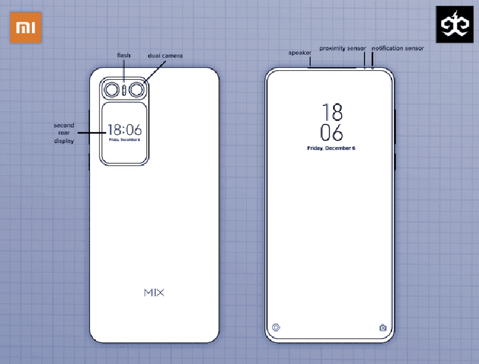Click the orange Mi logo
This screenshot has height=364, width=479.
[26, 27]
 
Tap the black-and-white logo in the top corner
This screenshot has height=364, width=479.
[455, 24]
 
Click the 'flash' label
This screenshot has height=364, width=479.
[124, 56]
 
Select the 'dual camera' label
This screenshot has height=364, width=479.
[165, 56]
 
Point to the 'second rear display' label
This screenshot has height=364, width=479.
[64, 133]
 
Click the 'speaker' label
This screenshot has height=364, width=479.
[300, 53]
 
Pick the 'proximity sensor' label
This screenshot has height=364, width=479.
[343, 49]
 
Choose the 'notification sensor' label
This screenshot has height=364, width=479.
[398, 49]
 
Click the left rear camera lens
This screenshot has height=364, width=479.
[112, 90]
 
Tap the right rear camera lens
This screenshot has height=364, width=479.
[137, 90]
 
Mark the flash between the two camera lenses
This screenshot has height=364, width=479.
[124, 90]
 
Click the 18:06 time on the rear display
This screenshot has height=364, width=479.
[125, 130]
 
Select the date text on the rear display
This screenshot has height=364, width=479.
[125, 140]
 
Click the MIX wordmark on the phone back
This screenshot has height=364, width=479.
[154, 292]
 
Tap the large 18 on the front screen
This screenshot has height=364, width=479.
[332, 112]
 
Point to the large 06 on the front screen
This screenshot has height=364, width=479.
[331, 133]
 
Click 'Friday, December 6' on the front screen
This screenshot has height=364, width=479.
[331, 148]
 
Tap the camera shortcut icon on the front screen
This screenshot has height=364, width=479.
[383, 328]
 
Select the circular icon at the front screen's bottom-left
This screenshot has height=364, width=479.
[276, 328]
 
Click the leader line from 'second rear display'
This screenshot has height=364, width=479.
[92, 133]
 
